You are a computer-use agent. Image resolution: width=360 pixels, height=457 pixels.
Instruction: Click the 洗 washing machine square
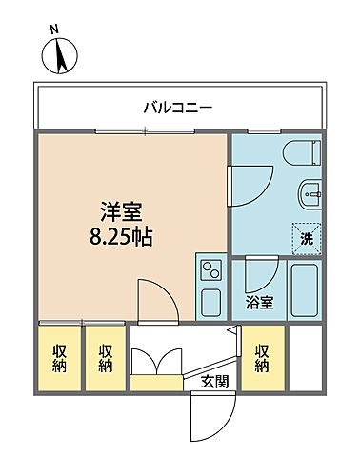pyautogui.click(x=307, y=239)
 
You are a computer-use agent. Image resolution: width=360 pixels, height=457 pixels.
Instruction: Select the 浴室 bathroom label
pyautogui.click(x=259, y=304)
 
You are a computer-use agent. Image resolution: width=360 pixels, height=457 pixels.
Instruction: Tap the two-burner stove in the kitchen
pyautogui.click(x=210, y=270)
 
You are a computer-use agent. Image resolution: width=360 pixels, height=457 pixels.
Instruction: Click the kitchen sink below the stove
pyautogui.click(x=211, y=303)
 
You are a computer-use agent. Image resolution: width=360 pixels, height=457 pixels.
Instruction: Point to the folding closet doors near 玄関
pyautogui.click(x=155, y=364)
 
